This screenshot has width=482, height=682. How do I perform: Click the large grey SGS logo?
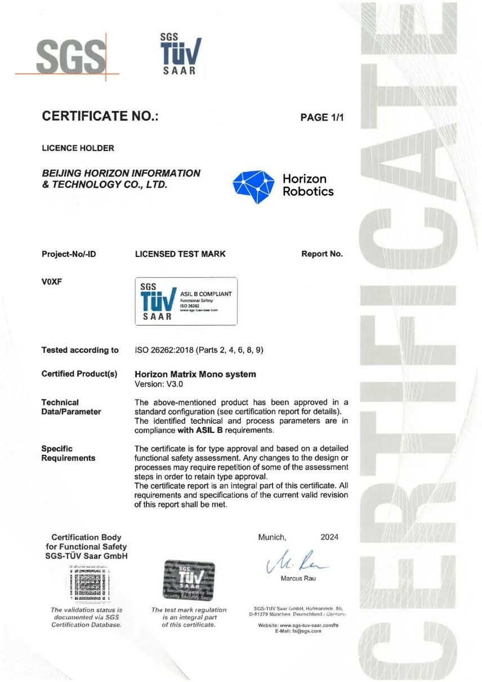70,56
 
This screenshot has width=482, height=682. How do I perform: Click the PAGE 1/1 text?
322,117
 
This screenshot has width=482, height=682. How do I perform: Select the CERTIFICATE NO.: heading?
100,117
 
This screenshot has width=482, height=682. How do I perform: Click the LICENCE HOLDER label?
78,148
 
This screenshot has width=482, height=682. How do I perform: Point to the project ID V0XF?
51,282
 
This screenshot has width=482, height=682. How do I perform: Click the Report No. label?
322,254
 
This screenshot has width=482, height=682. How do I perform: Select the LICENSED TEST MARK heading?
180,254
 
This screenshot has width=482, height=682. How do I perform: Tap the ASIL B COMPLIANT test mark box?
186,301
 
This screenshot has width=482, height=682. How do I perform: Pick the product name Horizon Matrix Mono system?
195,374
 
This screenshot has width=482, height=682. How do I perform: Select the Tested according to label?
80,350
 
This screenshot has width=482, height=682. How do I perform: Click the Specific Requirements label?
68,453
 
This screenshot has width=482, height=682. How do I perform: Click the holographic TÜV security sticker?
189,581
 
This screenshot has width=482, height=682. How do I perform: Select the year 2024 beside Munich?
329,537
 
